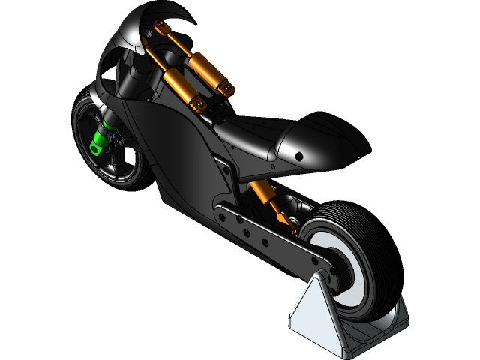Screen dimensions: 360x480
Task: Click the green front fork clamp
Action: [97, 143]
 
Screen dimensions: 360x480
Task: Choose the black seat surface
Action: [247, 135]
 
